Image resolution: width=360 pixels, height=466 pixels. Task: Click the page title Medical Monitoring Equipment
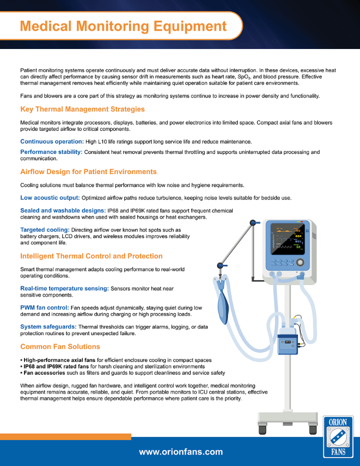[123, 26]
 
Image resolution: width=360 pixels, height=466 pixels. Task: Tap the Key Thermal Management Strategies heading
[82, 109]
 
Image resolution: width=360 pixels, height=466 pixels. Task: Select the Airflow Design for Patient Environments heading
[88, 172]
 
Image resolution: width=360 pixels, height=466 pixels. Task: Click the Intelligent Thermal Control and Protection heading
[91, 256]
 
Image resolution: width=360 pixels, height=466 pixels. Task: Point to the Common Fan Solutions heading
[60, 347]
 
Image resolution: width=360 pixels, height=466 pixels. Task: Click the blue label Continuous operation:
[52, 141]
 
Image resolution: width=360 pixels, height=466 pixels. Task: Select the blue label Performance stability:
[51, 152]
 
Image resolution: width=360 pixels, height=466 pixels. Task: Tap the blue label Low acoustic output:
[50, 198]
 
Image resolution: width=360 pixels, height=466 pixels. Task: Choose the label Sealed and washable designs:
[63, 211]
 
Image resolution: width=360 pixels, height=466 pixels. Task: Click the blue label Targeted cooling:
[45, 230]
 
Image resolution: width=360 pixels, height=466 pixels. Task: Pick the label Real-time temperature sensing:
[65, 288]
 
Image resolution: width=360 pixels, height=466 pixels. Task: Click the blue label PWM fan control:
[45, 308]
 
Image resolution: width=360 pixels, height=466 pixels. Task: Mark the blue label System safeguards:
[49, 327]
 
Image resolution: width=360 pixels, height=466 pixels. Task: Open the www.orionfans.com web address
[181, 452]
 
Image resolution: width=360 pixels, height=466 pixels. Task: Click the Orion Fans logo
[338, 437]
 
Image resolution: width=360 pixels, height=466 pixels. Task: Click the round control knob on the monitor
[300, 262]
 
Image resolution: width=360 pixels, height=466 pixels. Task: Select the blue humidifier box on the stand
[287, 344]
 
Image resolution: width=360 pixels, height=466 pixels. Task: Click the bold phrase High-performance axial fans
[59, 360]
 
